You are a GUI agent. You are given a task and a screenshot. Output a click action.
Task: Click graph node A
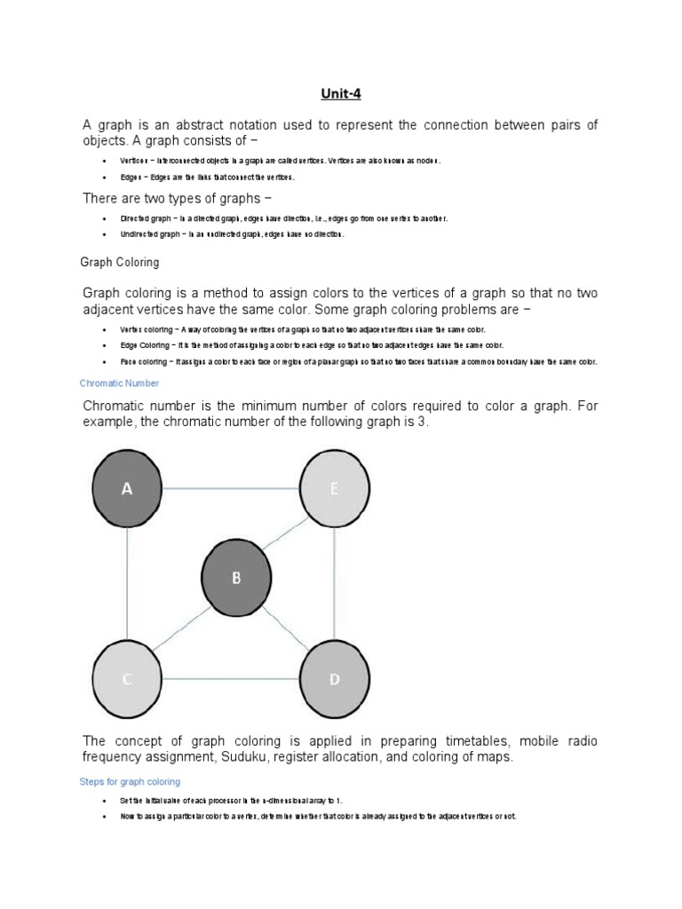[127, 489]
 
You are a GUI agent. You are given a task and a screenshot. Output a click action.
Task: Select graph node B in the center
[236, 578]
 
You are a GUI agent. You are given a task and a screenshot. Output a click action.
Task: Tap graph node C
[127, 679]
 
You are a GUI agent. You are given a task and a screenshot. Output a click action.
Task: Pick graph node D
[335, 679]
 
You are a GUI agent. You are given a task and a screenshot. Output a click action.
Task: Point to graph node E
[335, 489]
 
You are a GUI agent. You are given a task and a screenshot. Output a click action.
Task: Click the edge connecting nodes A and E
[231, 489]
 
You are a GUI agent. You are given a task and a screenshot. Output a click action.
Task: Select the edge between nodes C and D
[231, 679]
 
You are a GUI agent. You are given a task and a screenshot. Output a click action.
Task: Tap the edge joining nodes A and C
[127, 584]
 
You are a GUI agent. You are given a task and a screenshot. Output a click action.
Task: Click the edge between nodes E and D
[335, 584]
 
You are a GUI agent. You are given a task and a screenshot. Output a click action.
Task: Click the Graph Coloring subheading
[120, 263]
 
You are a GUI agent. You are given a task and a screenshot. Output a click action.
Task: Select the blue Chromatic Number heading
[120, 383]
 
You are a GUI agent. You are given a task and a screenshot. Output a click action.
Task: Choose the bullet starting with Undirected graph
[232, 235]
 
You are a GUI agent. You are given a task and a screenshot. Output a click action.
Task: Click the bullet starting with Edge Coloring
[312, 344]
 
